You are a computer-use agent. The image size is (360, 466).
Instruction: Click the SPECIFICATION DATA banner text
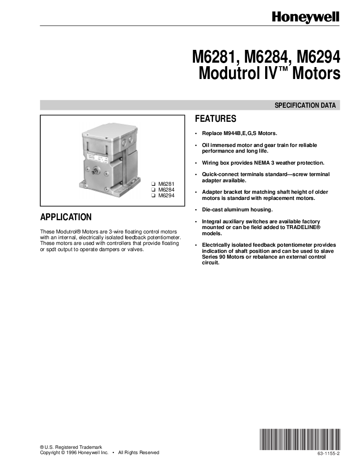(305, 105)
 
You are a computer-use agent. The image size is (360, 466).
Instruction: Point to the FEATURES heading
(216, 119)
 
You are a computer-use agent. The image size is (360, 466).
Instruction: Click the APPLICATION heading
(66, 217)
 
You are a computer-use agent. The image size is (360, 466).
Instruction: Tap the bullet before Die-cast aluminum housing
(196, 210)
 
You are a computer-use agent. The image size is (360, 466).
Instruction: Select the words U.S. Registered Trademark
(73, 447)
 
